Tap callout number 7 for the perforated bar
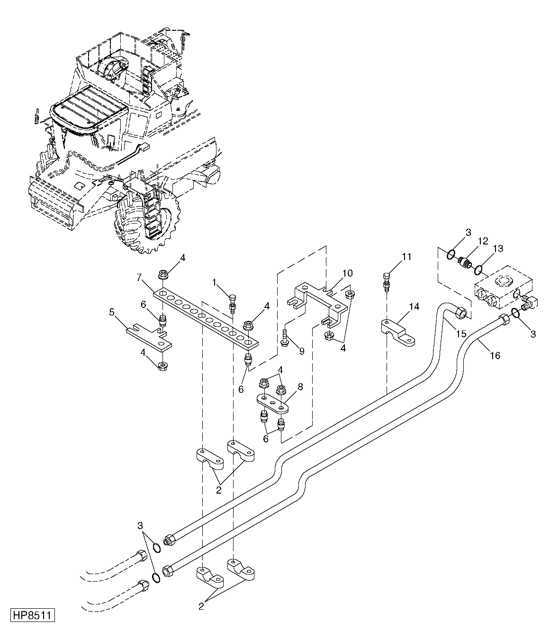click(x=139, y=277)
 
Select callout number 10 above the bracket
click(x=348, y=273)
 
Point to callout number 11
click(x=406, y=257)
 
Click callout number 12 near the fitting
click(x=483, y=241)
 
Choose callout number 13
click(x=498, y=249)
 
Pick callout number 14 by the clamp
click(x=414, y=306)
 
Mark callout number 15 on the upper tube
click(x=461, y=334)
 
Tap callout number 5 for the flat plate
click(x=112, y=312)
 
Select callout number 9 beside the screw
click(x=301, y=351)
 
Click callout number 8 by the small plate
click(x=300, y=387)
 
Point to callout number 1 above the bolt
click(x=214, y=282)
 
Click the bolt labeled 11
click(x=386, y=282)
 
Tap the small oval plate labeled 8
click(x=272, y=405)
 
